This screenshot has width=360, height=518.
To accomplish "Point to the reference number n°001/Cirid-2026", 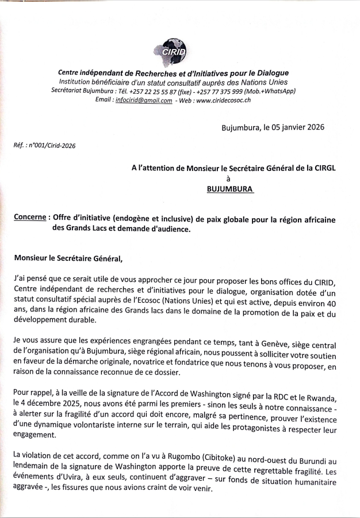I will point(54,145).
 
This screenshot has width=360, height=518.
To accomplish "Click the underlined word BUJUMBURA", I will point(229,188).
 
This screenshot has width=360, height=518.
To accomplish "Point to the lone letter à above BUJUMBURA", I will point(229,178).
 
